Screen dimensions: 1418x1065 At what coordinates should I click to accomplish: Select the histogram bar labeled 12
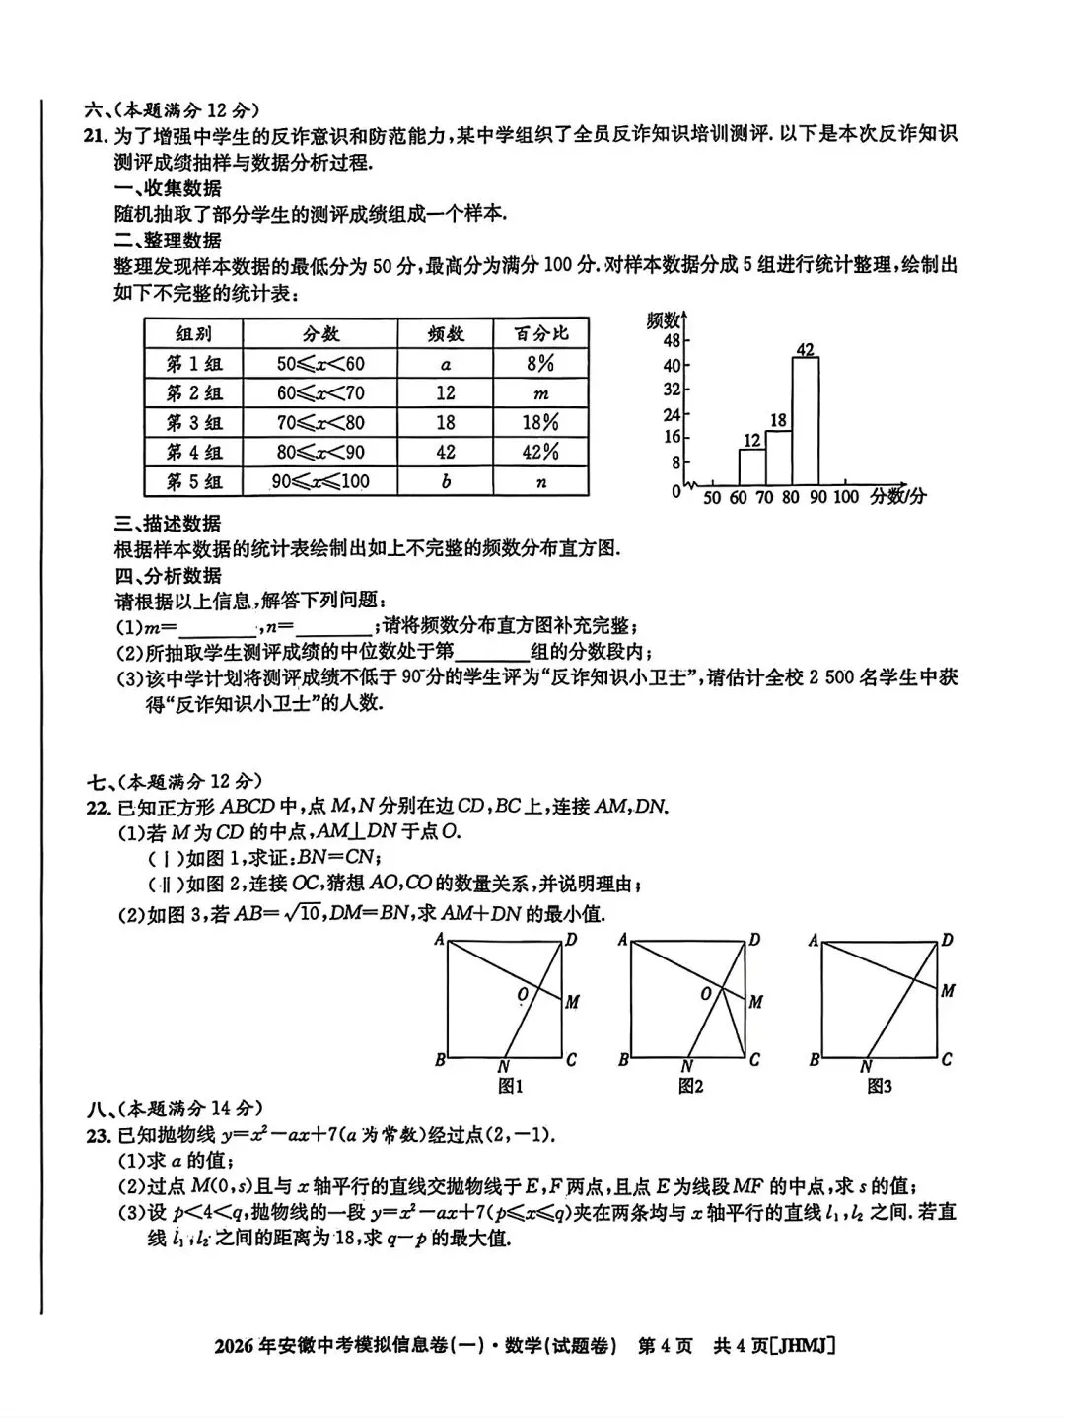(x=751, y=465)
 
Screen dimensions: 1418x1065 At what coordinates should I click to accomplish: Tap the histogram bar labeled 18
(x=778, y=456)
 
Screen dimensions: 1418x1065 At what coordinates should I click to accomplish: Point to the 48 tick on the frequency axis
(x=672, y=341)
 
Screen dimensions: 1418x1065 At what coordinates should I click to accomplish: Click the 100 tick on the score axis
(x=845, y=498)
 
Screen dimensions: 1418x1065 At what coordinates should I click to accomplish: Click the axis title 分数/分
(x=897, y=497)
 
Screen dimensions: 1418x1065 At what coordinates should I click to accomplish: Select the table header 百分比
(x=540, y=333)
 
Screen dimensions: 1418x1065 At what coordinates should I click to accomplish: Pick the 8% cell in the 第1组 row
(x=540, y=363)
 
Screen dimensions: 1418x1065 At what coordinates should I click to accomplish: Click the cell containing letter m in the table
(x=540, y=393)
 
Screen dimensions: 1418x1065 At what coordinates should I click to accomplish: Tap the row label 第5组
(x=194, y=481)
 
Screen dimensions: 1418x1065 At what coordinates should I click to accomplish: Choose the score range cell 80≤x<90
(x=320, y=452)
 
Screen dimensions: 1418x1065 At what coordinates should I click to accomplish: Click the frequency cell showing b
(x=446, y=481)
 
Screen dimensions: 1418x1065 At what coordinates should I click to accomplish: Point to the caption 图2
(x=690, y=1086)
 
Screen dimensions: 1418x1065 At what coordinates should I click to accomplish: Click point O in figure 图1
(x=523, y=995)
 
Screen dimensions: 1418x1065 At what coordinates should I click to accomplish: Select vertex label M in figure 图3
(x=947, y=990)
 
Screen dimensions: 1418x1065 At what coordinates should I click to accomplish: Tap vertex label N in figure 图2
(x=686, y=1066)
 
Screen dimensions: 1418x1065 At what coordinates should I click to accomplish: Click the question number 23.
(x=97, y=1135)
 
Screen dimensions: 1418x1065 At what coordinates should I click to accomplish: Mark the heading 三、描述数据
(x=168, y=524)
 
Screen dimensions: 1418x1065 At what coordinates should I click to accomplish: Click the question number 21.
(x=95, y=136)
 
